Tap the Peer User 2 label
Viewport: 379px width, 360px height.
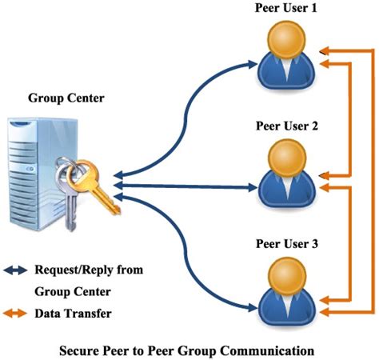(287, 126)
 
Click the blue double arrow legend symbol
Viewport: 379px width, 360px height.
(16, 270)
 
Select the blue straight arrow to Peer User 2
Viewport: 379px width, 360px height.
(192, 188)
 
